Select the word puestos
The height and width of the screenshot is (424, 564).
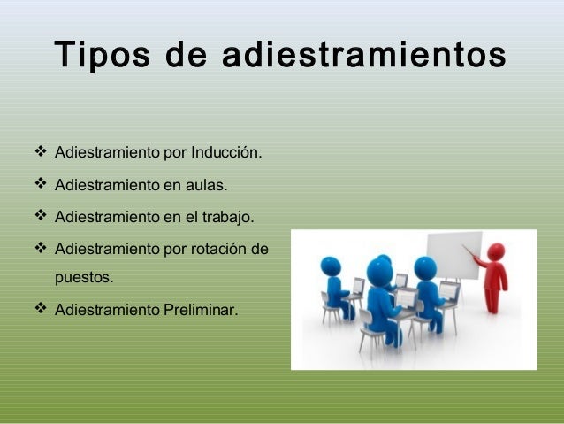(85, 278)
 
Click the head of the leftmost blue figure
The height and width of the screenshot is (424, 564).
(332, 266)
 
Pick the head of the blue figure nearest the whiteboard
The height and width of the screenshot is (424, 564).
(424, 266)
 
